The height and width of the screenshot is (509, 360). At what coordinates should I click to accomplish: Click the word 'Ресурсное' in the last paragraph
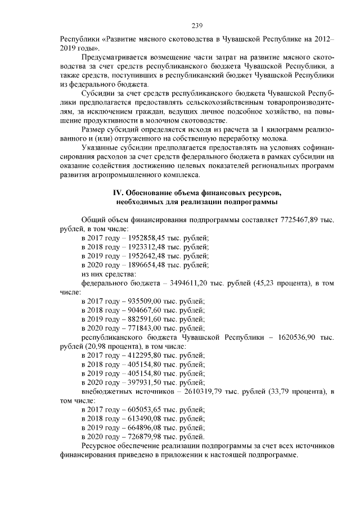pos(100,446)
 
